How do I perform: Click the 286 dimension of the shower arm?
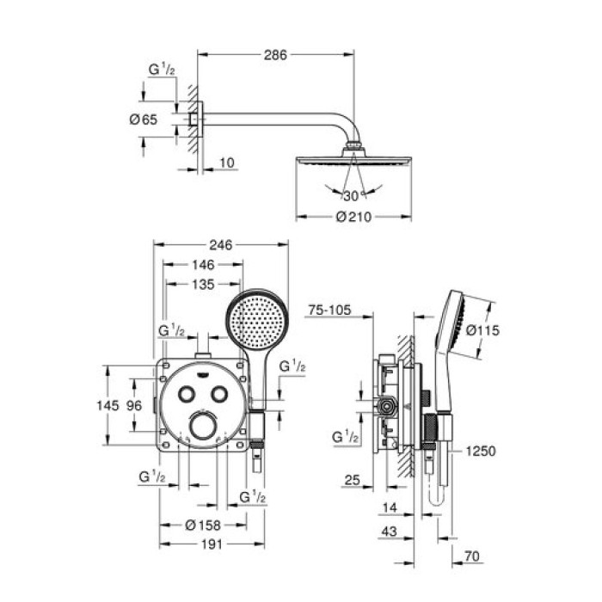point(276,53)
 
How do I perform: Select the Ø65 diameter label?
point(144,120)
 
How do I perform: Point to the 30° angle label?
point(349,195)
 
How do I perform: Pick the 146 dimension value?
point(203,266)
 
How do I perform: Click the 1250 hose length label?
point(482,450)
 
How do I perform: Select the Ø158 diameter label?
point(202,525)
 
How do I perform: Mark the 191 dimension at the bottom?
point(202,544)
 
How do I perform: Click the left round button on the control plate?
point(185,394)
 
